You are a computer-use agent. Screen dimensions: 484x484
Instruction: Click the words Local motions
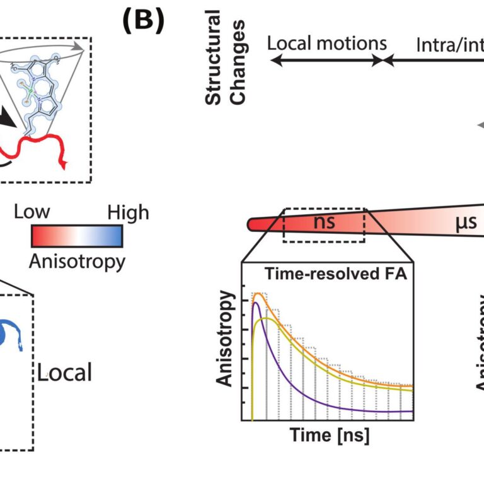tap(327, 43)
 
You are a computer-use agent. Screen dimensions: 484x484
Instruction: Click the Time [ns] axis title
tap(330, 435)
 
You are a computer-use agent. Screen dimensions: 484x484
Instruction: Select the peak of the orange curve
tap(258, 293)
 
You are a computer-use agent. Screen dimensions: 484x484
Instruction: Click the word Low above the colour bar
tap(32, 212)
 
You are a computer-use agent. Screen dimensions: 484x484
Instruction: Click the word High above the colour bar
tap(127, 212)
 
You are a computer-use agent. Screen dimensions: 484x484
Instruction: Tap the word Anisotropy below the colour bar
tap(77, 260)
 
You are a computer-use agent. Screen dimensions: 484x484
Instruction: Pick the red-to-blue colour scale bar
tap(76, 236)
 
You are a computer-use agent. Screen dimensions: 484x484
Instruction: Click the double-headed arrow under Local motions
tap(327, 60)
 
